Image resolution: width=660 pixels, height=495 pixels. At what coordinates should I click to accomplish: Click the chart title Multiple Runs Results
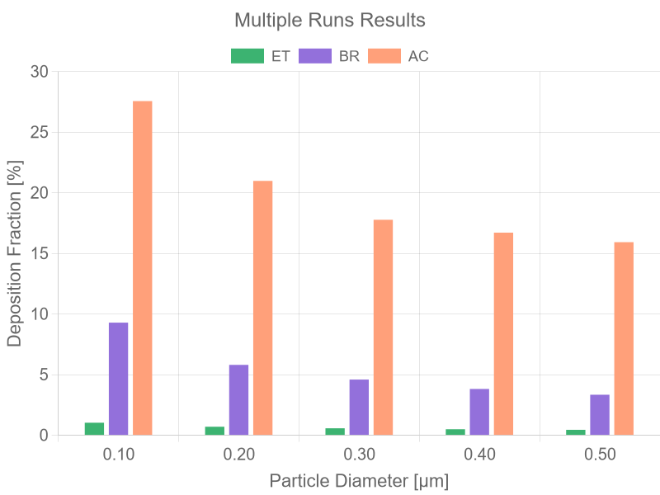pyautogui.click(x=330, y=20)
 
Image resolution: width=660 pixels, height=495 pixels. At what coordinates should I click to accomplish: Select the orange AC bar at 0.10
pyautogui.click(x=143, y=268)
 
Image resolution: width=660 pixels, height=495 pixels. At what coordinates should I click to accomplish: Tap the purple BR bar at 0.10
pyautogui.click(x=119, y=379)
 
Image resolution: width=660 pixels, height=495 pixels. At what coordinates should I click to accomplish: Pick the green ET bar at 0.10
pyautogui.click(x=94, y=428)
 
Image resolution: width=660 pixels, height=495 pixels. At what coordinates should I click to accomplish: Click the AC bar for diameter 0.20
pyautogui.click(x=263, y=308)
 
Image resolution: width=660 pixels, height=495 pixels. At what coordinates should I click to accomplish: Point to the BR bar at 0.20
pyautogui.click(x=239, y=399)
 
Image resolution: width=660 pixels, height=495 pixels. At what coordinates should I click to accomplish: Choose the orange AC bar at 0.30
pyautogui.click(x=384, y=327)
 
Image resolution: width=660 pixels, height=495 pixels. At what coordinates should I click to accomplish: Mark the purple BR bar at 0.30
pyautogui.click(x=360, y=407)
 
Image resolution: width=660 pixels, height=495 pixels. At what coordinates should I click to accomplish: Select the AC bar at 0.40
pyautogui.click(x=504, y=333)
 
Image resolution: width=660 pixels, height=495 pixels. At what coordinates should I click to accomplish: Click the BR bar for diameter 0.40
pyautogui.click(x=479, y=412)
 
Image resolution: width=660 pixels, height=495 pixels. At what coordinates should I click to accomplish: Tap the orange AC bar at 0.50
pyautogui.click(x=624, y=338)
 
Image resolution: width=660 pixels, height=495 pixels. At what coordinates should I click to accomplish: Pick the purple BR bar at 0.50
pyautogui.click(x=600, y=414)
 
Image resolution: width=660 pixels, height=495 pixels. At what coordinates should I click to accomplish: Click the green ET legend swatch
pyautogui.click(x=246, y=56)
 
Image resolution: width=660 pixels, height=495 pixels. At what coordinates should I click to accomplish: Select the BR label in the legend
pyautogui.click(x=349, y=57)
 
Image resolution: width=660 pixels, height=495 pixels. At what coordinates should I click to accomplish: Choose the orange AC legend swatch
pyautogui.click(x=383, y=56)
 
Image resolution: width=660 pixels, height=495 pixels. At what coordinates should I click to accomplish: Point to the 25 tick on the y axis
pyautogui.click(x=40, y=133)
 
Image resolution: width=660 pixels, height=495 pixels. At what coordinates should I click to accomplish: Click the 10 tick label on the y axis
pyautogui.click(x=40, y=314)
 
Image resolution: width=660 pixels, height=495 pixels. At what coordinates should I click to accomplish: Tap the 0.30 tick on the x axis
pyautogui.click(x=360, y=455)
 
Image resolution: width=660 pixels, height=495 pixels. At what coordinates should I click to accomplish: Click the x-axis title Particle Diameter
pyautogui.click(x=360, y=480)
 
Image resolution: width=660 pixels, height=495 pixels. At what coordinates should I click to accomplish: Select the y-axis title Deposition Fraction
pyautogui.click(x=15, y=253)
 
